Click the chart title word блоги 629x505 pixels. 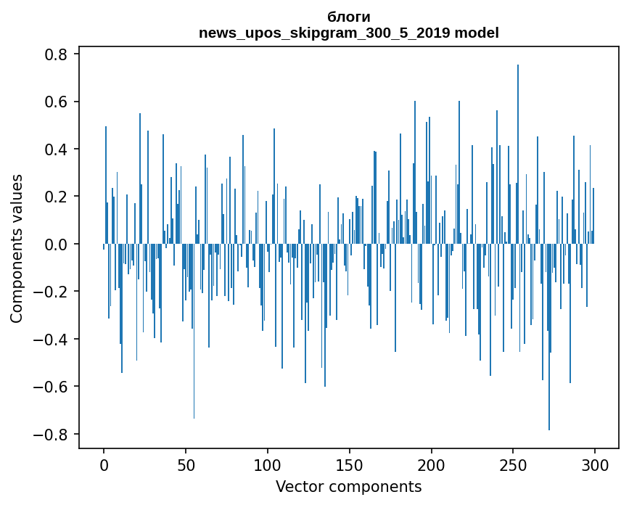click(x=348, y=17)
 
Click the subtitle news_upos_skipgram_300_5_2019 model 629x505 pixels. click(x=348, y=33)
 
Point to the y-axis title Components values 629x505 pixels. click(x=17, y=248)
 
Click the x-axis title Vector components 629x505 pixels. click(x=348, y=486)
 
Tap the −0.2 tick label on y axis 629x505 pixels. click(x=52, y=292)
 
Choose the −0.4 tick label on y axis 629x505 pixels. click(x=52, y=340)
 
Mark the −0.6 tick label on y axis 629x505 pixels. click(x=52, y=387)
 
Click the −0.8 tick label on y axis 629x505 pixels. click(x=52, y=435)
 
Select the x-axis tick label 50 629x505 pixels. click(x=186, y=464)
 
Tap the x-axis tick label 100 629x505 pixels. click(x=268, y=464)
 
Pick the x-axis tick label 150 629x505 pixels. click(x=350, y=464)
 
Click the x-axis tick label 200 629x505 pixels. click(x=432, y=464)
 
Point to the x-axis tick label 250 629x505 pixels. click(x=514, y=464)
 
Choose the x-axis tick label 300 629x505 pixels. click(x=595, y=464)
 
